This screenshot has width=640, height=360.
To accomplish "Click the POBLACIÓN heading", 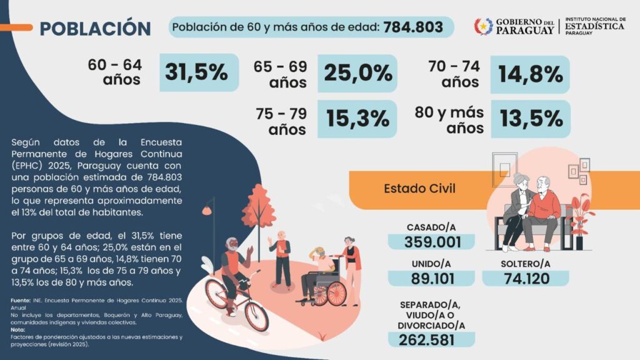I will point(95,29).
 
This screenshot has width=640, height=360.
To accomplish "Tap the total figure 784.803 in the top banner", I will point(413,27).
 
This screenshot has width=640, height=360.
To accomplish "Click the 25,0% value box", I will point(357,73).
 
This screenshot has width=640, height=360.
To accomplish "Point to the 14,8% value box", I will point(530,74).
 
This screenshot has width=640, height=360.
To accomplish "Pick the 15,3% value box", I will point(357,119).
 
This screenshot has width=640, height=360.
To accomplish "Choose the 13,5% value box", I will point(530,119).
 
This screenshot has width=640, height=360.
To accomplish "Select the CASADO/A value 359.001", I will point(431,242).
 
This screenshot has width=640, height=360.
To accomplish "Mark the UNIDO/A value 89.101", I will point(431,279).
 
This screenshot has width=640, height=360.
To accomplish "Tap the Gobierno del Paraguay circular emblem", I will point(483,26).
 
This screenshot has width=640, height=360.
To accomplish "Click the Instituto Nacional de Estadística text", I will point(594,26).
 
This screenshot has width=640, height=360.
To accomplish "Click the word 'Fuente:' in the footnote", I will point(21,301).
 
